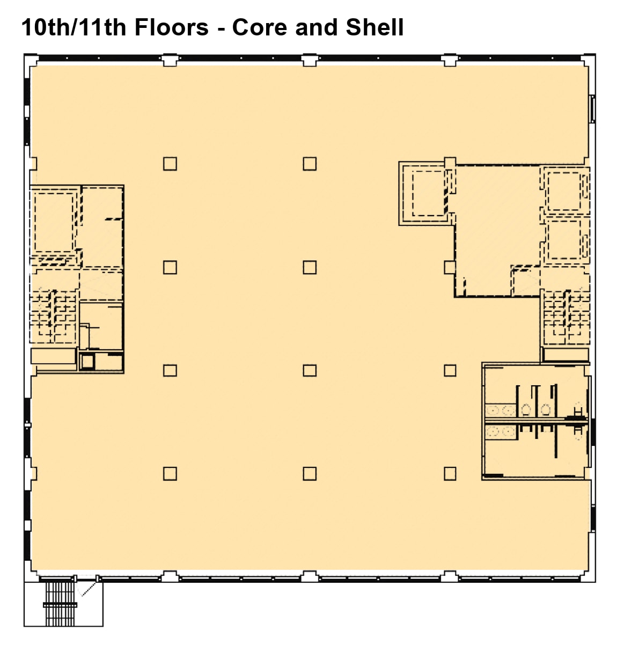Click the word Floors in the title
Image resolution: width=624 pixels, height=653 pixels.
[171, 27]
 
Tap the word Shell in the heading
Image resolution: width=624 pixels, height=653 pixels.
[375, 27]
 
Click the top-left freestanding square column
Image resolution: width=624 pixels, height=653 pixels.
[170, 164]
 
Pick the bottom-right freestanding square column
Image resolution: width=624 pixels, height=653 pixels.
[450, 473]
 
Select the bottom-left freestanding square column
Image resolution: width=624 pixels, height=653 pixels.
[170, 473]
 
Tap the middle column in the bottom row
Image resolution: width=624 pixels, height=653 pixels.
[310, 473]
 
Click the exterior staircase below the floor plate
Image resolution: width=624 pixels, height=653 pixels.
[60, 604]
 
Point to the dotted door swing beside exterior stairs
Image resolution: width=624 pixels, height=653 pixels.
[87, 588]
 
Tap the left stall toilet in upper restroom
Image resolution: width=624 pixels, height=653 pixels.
[526, 410]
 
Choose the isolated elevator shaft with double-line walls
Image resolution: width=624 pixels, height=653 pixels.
[428, 193]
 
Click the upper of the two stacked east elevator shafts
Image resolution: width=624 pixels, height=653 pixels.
[563, 192]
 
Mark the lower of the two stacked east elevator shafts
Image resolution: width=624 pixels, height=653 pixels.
[563, 240]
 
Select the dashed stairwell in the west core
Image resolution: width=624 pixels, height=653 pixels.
[53, 317]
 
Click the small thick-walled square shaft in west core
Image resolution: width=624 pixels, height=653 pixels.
[87, 362]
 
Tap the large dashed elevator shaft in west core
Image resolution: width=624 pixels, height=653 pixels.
[54, 221]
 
